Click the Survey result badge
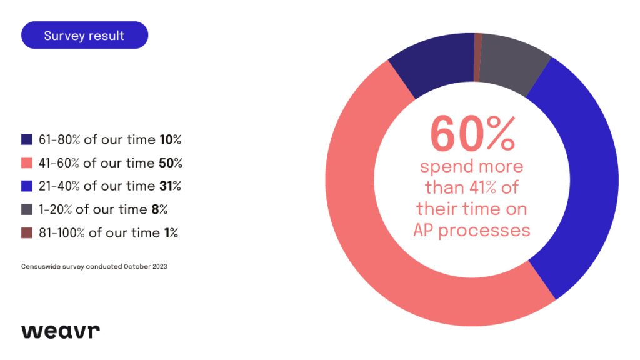[84, 36]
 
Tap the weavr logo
[61, 331]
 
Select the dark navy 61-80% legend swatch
[27, 139]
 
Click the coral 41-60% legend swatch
[27, 163]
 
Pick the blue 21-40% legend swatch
[27, 186]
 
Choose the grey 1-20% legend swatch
[27, 209]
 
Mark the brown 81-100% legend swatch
[27, 233]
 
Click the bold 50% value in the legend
[170, 163]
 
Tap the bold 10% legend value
[169, 139]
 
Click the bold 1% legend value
[170, 233]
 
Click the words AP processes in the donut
[472, 230]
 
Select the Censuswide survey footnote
[94, 266]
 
